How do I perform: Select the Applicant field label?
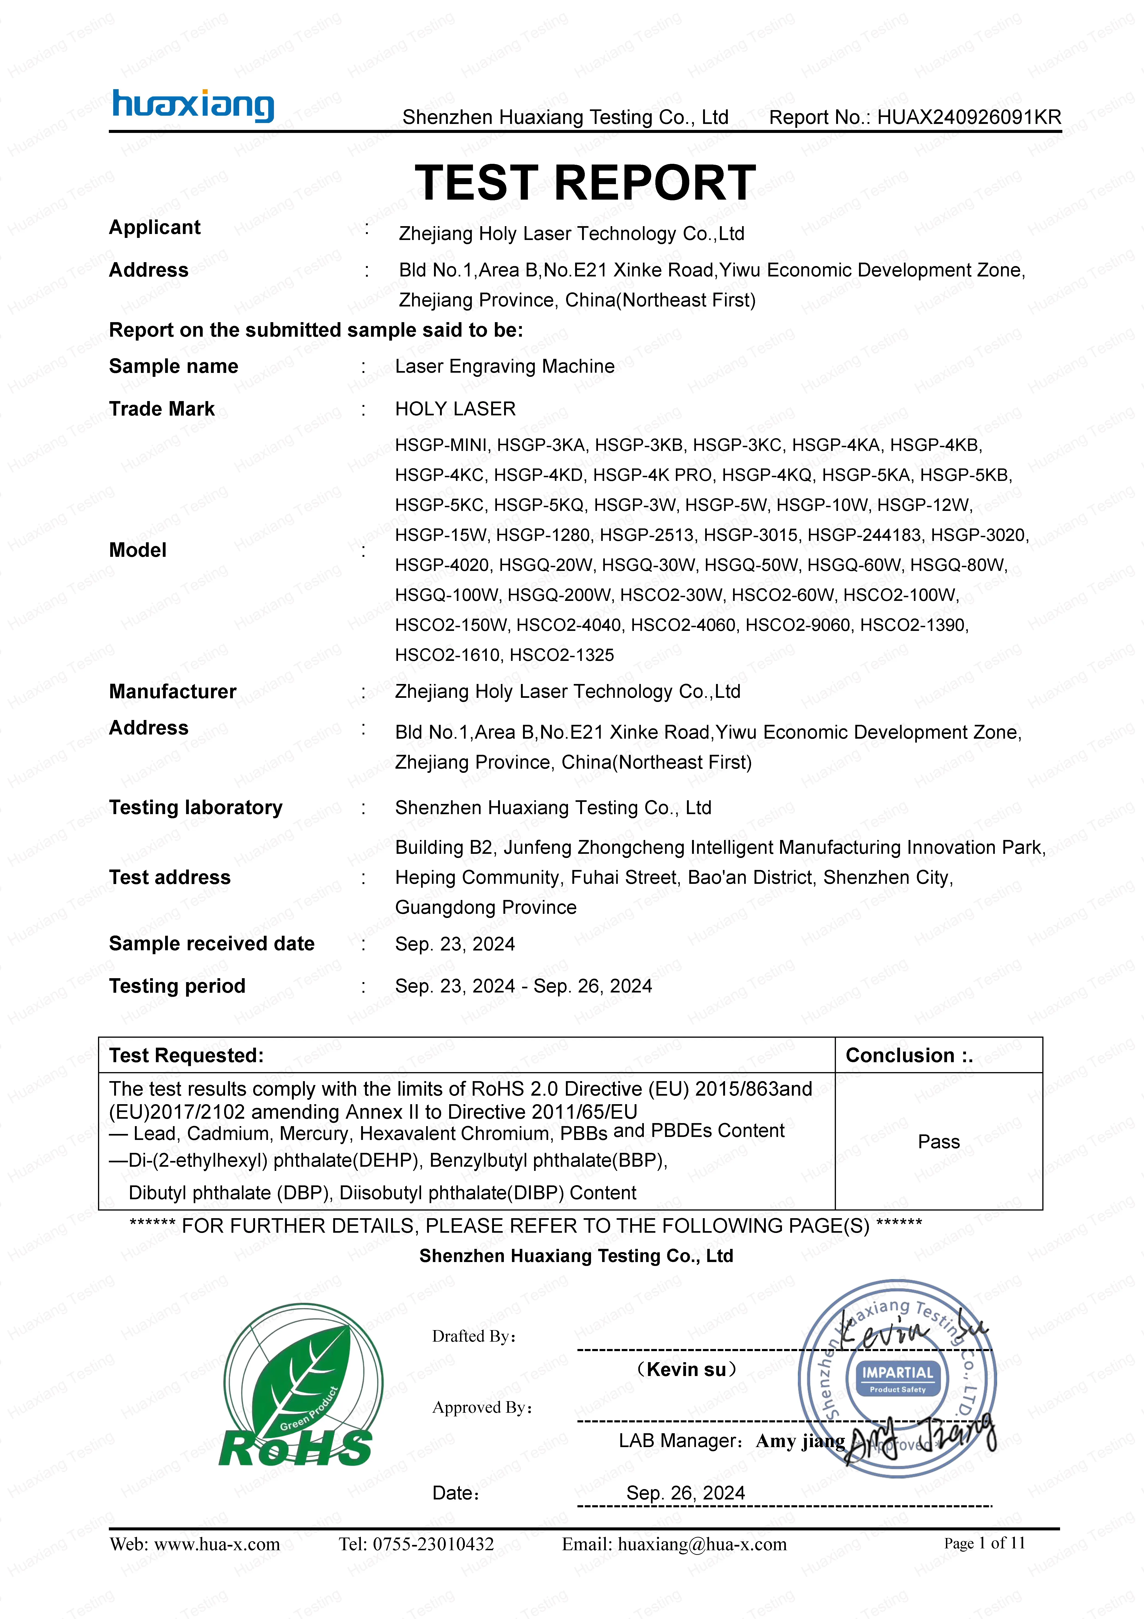coord(154,228)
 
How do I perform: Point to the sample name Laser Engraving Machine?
coord(505,367)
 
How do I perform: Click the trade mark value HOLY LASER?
coord(455,409)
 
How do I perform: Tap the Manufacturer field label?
coord(173,692)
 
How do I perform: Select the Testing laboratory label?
coord(195,807)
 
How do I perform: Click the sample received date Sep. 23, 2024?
coord(455,944)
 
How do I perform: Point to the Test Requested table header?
coord(186,1055)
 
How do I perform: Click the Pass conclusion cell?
coord(938,1142)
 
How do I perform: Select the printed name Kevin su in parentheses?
coord(686,1369)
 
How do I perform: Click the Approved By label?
coord(482,1407)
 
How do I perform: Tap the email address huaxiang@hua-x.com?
coord(701,1544)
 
